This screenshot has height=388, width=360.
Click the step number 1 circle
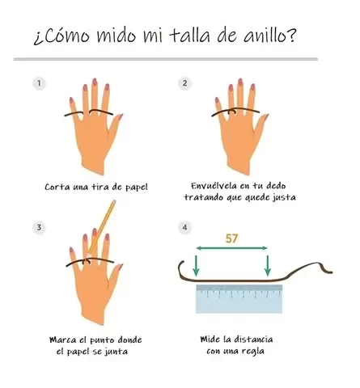[40, 83]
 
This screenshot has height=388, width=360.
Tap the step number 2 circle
[184, 83]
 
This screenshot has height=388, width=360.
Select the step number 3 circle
[40, 227]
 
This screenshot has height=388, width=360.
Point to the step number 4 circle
[184, 227]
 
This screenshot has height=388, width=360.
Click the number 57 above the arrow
[231, 238]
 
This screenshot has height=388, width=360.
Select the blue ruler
[239, 299]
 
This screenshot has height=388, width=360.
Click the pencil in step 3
[102, 228]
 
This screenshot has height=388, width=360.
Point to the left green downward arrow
[196, 265]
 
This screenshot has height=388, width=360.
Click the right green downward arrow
[268, 265]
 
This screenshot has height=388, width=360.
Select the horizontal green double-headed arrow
[231, 248]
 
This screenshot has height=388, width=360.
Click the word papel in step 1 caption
[137, 188]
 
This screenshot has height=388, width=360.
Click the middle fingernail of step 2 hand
[240, 82]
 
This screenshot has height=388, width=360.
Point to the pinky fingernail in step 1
[71, 101]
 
